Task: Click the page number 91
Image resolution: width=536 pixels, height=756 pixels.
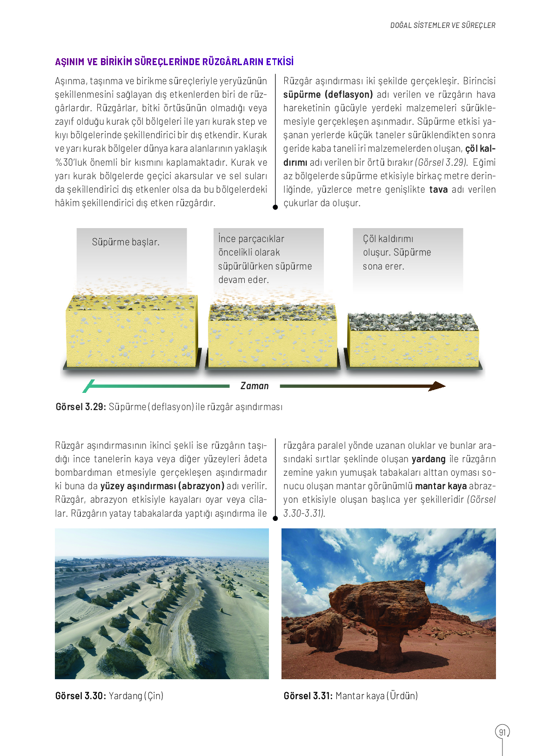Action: point(502,732)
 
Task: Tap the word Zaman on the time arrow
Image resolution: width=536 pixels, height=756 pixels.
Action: point(255,386)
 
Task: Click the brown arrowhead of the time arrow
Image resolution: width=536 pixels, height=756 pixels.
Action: point(437,386)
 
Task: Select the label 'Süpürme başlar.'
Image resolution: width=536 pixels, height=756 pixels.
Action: point(126,242)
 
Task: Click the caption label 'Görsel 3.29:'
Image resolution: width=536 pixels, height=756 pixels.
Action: point(80,407)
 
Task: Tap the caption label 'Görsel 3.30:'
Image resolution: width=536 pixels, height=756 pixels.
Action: point(80,696)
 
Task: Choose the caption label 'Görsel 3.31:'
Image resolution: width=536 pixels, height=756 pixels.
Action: point(308,696)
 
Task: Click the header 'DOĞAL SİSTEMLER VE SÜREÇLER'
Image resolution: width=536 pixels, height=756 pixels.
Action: point(442,25)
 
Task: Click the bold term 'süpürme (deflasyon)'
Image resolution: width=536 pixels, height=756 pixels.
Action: point(328,94)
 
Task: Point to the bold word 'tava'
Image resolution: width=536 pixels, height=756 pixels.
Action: point(438,189)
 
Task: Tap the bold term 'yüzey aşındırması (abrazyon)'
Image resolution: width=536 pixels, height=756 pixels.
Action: point(162,486)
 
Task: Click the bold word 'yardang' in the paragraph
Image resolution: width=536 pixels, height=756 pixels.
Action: point(429,459)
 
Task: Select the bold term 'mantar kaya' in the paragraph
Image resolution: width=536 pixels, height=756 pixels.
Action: point(441,486)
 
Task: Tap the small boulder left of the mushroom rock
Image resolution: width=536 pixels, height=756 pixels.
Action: point(324,631)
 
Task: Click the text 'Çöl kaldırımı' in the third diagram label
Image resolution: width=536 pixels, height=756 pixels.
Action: point(388,239)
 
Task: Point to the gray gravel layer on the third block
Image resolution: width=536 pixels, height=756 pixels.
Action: point(413,322)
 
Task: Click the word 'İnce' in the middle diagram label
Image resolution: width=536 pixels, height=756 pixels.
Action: point(227,239)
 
